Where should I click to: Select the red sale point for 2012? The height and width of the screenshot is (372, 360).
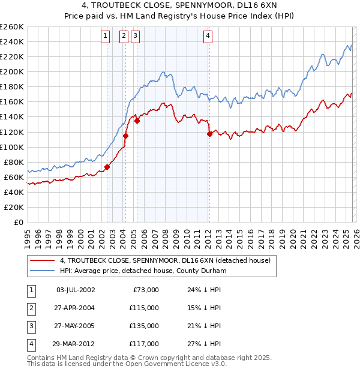click(209, 134)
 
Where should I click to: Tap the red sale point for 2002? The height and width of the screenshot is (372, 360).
click(107, 167)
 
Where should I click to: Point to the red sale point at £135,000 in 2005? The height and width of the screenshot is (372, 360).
click(137, 121)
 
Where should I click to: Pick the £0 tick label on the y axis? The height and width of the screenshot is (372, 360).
click(19, 222)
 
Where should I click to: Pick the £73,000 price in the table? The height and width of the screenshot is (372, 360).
click(145, 289)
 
